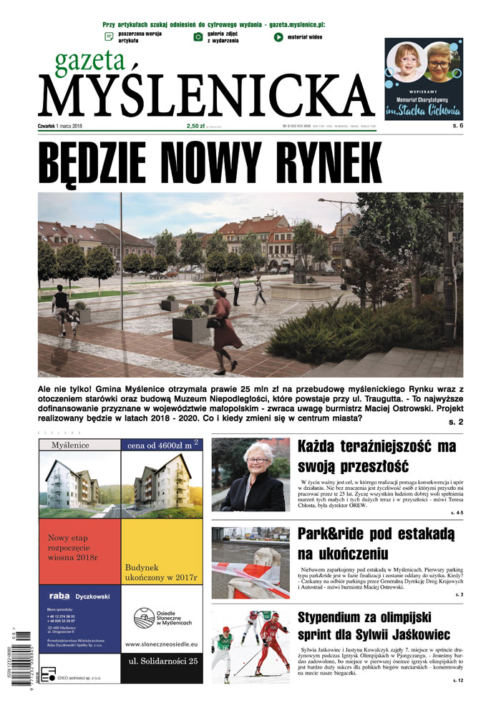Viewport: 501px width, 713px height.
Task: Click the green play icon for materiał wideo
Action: tap(278, 36)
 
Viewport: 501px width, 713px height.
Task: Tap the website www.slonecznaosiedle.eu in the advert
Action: tap(162, 644)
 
